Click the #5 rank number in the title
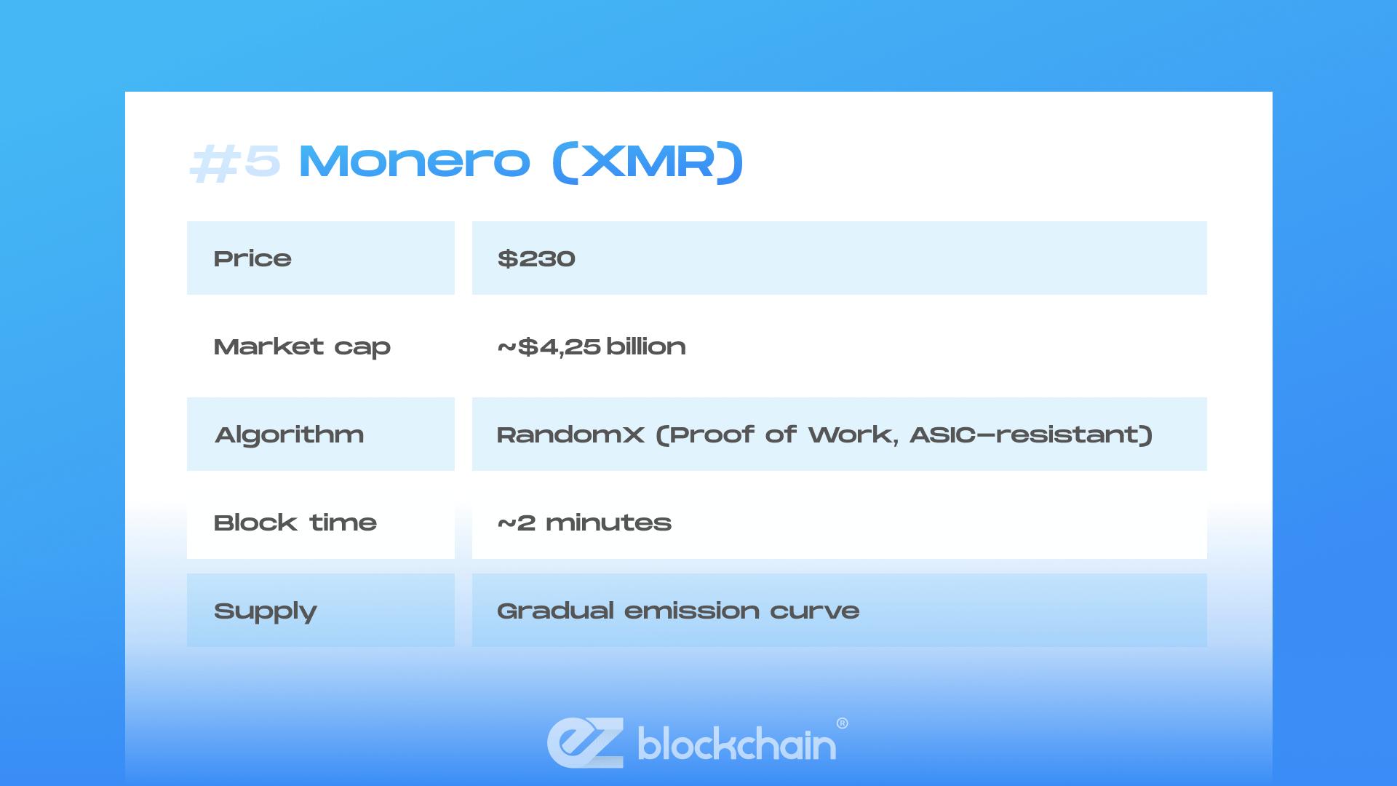click(x=235, y=162)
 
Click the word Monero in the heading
click(x=415, y=162)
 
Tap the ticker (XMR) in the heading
click(x=648, y=162)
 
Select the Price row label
click(x=252, y=258)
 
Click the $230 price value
click(x=536, y=258)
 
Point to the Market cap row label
click(x=302, y=347)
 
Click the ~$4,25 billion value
click(x=591, y=346)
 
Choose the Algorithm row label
click(x=290, y=434)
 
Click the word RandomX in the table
click(x=570, y=434)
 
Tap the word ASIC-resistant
click(x=1030, y=434)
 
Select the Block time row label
click(x=295, y=523)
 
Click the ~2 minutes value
click(x=584, y=523)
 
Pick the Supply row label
click(x=265, y=611)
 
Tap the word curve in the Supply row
click(x=814, y=611)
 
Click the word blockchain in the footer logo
click(x=736, y=745)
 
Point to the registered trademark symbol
click(x=842, y=723)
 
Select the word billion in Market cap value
click(x=645, y=346)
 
